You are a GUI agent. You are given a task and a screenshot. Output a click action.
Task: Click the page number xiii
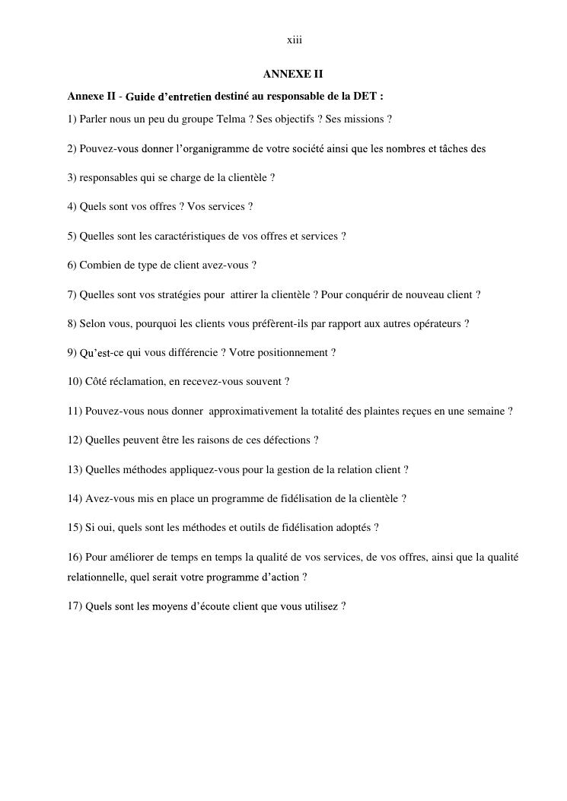point(295,40)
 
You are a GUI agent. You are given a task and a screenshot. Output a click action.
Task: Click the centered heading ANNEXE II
point(293,75)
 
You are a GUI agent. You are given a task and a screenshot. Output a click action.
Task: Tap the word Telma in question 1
point(230,119)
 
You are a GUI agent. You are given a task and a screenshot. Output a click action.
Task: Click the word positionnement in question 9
point(295,353)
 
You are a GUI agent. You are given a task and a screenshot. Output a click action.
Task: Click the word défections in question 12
point(285,440)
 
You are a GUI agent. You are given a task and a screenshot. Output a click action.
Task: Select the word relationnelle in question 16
point(97,577)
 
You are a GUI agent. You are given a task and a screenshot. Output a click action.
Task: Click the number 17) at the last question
point(75,607)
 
